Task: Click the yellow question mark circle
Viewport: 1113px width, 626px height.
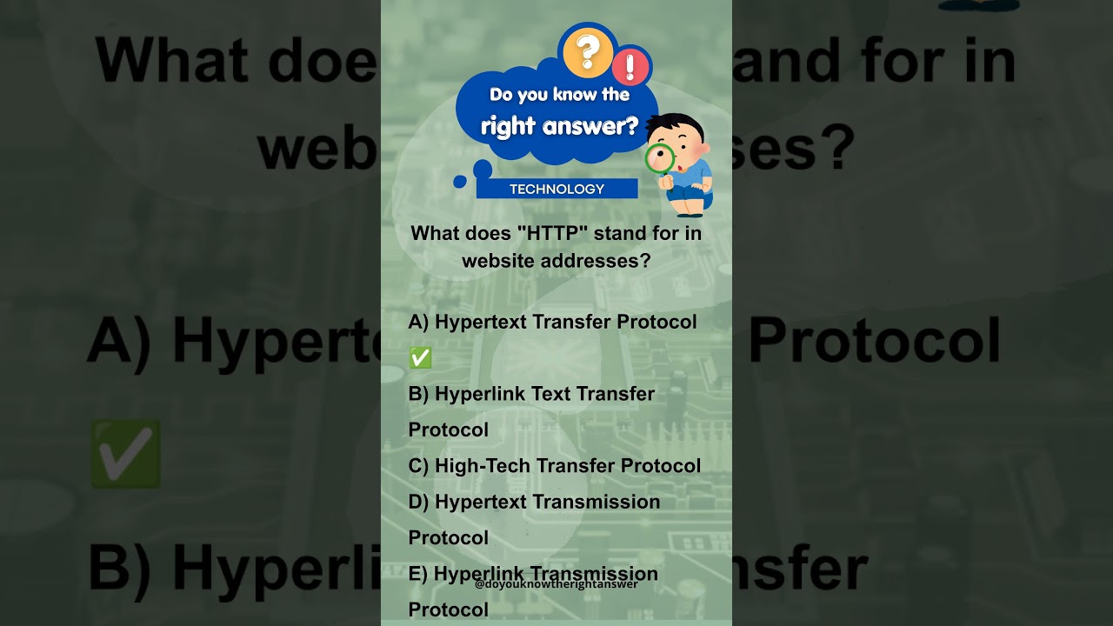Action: click(588, 51)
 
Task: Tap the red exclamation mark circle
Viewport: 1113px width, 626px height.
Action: click(630, 67)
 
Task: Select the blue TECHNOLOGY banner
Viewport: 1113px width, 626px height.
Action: click(556, 189)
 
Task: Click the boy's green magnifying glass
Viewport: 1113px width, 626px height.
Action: click(660, 158)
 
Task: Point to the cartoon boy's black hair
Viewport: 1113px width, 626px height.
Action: click(676, 127)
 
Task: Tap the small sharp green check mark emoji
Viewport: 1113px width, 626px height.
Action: click(420, 357)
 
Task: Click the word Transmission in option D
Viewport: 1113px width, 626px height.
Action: click(596, 502)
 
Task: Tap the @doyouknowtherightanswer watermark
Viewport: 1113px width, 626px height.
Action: click(556, 584)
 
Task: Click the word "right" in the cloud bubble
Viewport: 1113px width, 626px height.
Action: click(508, 127)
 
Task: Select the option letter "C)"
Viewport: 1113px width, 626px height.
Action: click(418, 466)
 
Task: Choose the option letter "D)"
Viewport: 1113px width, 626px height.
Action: click(418, 502)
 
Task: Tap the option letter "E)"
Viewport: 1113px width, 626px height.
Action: click(418, 574)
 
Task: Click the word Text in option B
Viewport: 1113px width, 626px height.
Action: click(550, 394)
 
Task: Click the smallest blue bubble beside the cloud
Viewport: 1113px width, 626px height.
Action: click(460, 182)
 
